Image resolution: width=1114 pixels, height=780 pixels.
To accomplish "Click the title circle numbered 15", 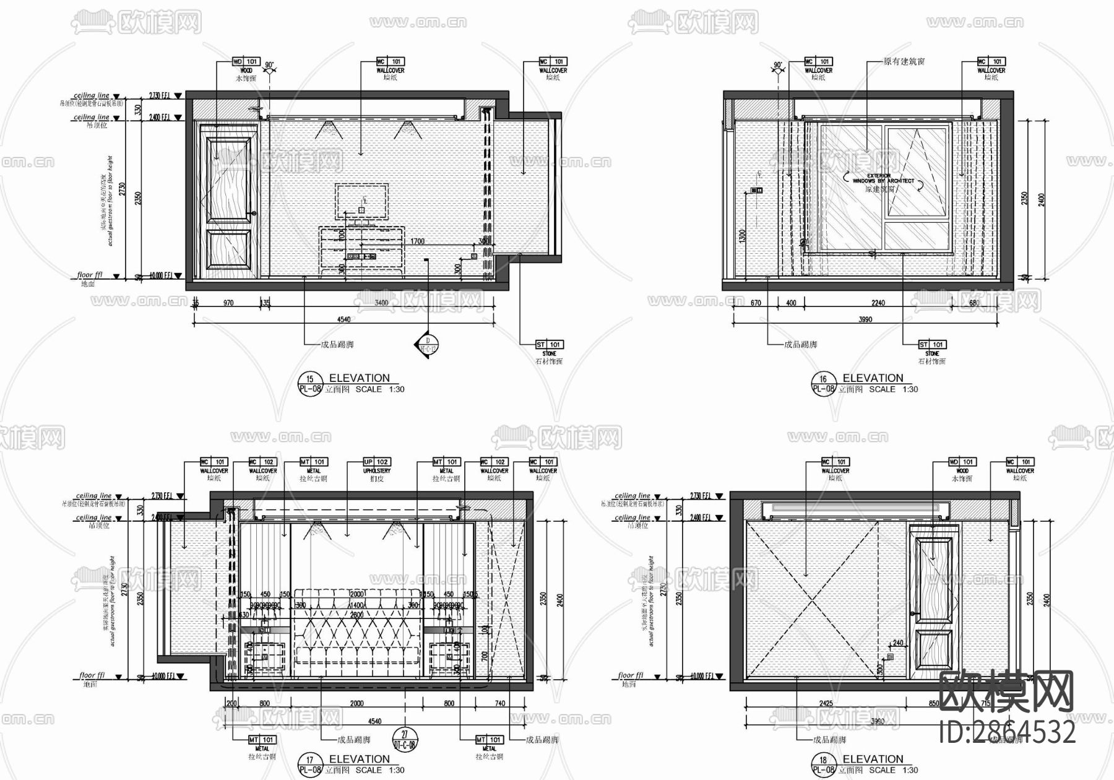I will (310, 383).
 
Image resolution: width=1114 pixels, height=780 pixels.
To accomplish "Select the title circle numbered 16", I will (823, 383).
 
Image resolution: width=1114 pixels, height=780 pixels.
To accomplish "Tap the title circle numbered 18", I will (823, 765).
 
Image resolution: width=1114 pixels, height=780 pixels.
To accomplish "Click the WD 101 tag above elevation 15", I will (246, 62).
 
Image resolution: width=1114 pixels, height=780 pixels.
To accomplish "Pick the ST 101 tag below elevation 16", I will (931, 345).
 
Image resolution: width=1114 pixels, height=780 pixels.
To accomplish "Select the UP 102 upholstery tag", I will (376, 462).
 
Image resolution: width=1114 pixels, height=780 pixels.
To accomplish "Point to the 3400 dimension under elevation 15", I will (381, 303).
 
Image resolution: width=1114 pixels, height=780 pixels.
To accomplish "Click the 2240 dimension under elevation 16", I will (878, 303).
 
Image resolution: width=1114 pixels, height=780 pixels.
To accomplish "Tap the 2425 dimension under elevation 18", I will (826, 703).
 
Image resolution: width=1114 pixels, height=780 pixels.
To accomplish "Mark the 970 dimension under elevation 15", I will (228, 303).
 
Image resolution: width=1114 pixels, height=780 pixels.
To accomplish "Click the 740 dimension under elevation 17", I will (500, 703).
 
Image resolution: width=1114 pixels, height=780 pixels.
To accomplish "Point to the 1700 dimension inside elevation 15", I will (418, 241).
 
